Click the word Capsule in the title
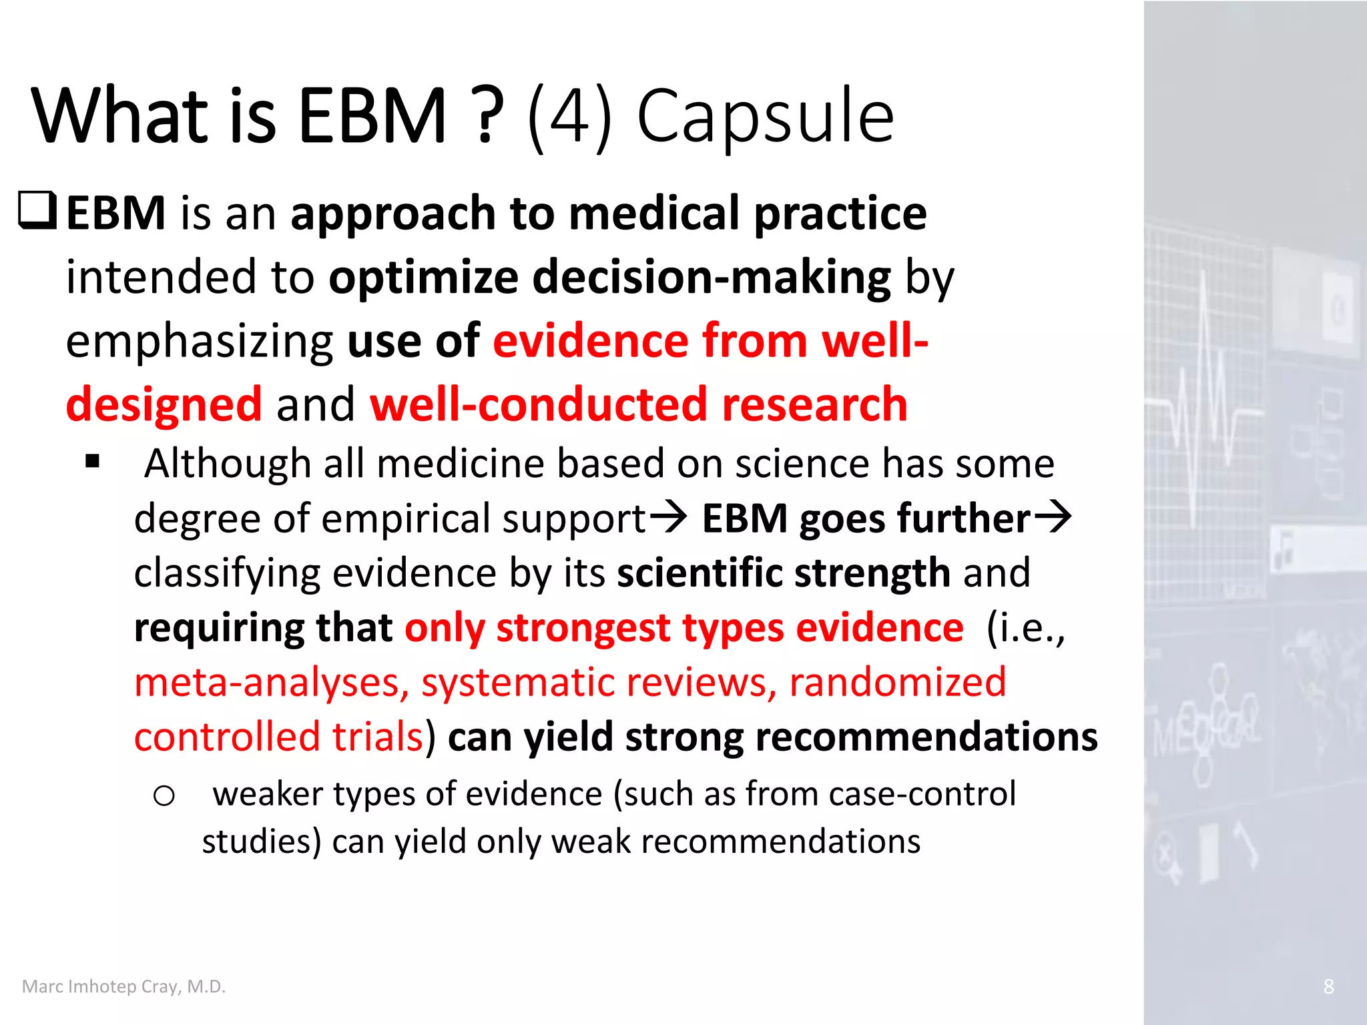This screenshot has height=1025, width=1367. (x=765, y=117)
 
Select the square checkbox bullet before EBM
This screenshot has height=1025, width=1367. (x=37, y=211)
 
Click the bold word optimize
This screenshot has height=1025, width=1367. (x=423, y=277)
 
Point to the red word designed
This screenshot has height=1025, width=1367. (x=164, y=404)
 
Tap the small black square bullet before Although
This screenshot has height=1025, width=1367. (x=93, y=461)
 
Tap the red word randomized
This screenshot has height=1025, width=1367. (x=897, y=683)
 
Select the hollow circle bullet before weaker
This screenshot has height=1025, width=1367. (x=164, y=795)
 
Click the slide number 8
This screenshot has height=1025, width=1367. (x=1328, y=986)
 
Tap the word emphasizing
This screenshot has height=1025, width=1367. (x=199, y=342)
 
